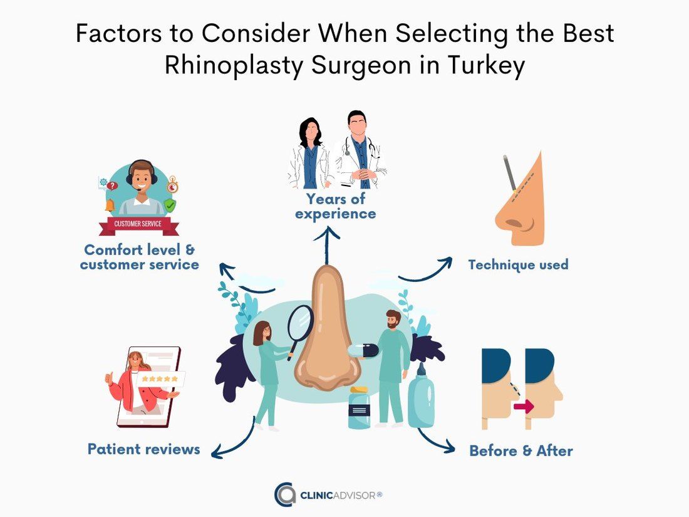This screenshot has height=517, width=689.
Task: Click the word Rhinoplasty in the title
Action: [x=234, y=66]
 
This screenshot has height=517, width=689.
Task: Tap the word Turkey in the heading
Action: [x=487, y=66]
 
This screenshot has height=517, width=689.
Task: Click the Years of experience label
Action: [x=335, y=206]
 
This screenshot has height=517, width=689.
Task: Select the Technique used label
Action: [x=518, y=264]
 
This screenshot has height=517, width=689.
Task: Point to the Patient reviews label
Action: [x=143, y=449]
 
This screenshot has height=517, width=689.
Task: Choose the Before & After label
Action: [x=521, y=451]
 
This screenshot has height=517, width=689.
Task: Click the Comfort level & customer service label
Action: [x=139, y=257]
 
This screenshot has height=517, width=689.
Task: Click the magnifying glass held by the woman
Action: [x=300, y=330]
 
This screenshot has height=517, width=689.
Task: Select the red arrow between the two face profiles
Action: [x=524, y=406]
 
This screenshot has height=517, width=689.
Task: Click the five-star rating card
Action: [x=160, y=379]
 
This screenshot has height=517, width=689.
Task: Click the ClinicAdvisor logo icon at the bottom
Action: [x=285, y=494]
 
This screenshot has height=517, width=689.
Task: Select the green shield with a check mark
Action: [x=170, y=205]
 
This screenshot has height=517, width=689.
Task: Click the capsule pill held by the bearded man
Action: [x=363, y=350]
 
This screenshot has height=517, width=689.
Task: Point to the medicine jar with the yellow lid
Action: [x=359, y=407]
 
